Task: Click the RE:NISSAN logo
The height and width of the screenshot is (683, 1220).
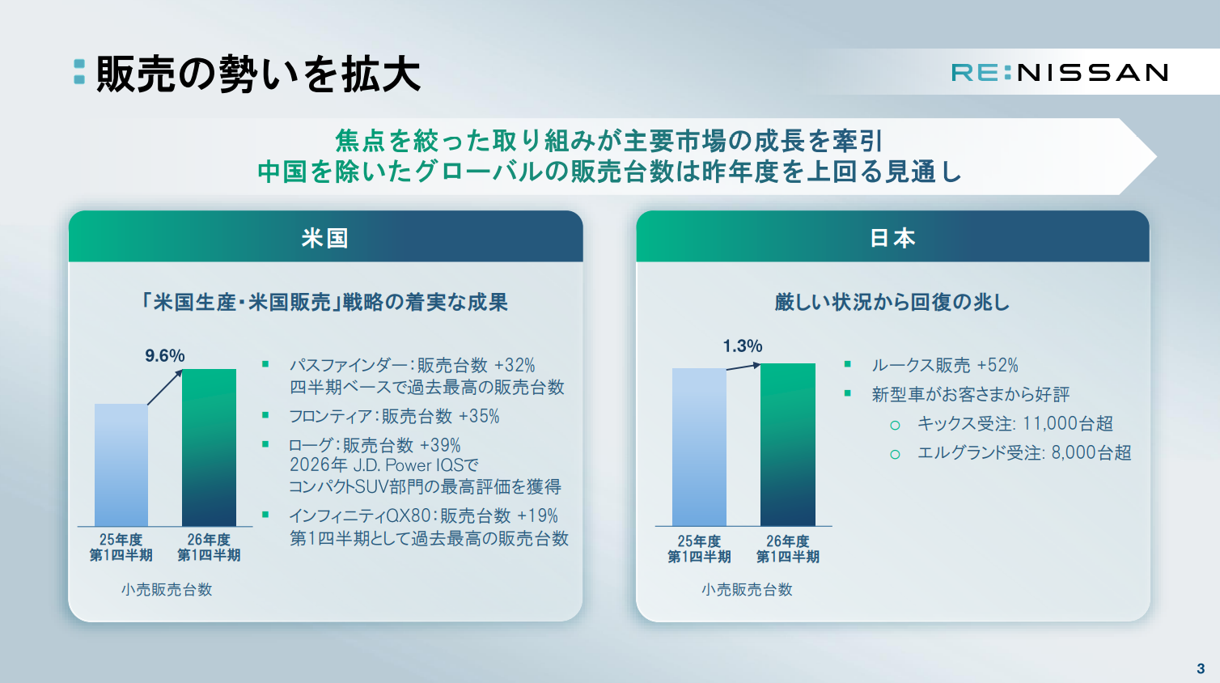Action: (x=1059, y=73)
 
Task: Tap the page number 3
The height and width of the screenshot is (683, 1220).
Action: (x=1201, y=668)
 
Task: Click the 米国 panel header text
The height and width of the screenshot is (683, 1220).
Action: (x=325, y=238)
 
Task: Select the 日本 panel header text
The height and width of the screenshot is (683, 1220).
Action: (x=892, y=238)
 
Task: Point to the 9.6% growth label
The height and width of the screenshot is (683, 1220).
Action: (x=164, y=355)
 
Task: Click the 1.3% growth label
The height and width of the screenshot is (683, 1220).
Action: (x=743, y=346)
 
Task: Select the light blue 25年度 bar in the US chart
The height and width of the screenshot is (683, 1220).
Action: (x=121, y=465)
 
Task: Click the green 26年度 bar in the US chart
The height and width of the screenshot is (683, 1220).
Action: (x=210, y=448)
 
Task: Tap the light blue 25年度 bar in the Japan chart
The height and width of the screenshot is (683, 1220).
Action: (x=699, y=448)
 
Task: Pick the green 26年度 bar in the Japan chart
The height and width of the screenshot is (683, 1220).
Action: (x=787, y=444)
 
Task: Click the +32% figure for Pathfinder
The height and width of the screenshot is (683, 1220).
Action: (x=515, y=365)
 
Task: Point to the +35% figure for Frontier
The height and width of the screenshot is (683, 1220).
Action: (x=479, y=416)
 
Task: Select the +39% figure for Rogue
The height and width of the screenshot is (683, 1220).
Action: (x=440, y=445)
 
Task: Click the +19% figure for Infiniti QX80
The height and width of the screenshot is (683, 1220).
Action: (x=537, y=515)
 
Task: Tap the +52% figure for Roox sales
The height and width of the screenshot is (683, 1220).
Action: (x=998, y=365)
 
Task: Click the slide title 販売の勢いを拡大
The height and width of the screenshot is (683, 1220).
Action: (x=259, y=74)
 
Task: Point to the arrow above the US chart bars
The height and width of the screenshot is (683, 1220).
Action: (x=165, y=388)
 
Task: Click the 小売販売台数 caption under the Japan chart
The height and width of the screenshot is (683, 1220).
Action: (x=747, y=589)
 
